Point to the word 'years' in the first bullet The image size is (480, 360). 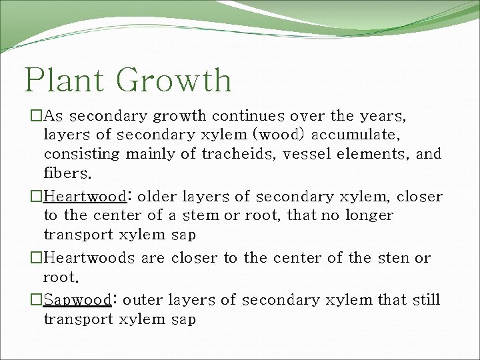[382, 116]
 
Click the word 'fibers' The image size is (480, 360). [64, 173]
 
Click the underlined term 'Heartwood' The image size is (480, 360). [85, 197]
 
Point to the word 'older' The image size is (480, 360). [157, 197]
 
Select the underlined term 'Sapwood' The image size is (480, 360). [77, 300]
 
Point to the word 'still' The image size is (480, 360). [426, 300]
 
